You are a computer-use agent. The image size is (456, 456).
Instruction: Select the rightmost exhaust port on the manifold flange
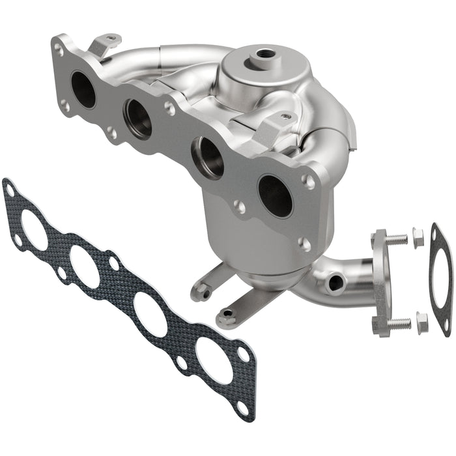[x=275, y=195]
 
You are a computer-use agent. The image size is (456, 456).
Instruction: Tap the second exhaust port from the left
[x=139, y=118]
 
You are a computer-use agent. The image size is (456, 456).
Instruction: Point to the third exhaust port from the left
[x=208, y=157]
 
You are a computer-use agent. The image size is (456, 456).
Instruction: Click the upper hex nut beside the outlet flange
[x=418, y=234]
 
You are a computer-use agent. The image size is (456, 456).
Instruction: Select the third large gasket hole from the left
[x=150, y=313]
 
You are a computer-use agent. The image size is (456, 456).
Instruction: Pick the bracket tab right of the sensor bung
[x=274, y=127]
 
